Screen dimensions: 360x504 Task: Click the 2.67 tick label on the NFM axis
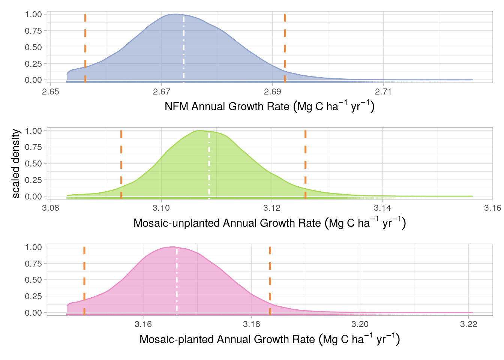click(161, 92)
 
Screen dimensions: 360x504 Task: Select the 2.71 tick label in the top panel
click(383, 92)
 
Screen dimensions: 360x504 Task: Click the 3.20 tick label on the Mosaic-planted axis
click(360, 324)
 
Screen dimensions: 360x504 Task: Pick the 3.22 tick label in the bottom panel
click(468, 324)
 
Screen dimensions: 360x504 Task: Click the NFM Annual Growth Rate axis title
click(269, 106)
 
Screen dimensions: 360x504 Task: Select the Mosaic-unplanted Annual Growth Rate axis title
click(269, 223)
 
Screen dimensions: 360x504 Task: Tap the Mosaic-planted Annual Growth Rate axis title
click(269, 339)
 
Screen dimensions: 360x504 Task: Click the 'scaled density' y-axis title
click(16, 163)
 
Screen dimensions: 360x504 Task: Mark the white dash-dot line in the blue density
click(184, 49)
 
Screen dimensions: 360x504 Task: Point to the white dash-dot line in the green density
click(209, 165)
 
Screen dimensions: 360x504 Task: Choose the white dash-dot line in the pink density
click(177, 281)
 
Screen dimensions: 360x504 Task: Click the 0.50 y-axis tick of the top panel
click(33, 47)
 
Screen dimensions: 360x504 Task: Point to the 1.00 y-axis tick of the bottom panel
click(33, 247)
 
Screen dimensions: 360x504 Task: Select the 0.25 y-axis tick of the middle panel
click(33, 180)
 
